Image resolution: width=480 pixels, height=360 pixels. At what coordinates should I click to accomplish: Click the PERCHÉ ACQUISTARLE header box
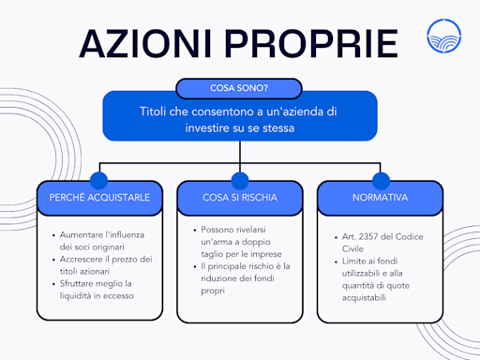(100, 198)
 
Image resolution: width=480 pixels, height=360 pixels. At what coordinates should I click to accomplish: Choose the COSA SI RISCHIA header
(239, 198)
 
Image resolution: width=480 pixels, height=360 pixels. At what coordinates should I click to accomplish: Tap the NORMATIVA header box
(379, 198)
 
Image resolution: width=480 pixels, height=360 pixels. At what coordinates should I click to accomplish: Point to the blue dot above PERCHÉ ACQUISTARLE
(100, 179)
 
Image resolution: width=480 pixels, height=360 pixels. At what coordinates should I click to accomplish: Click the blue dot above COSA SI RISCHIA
(239, 179)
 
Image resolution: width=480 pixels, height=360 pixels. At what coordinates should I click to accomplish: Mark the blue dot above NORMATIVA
(379, 179)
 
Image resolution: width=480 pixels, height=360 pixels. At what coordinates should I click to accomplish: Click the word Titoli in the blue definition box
(155, 112)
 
